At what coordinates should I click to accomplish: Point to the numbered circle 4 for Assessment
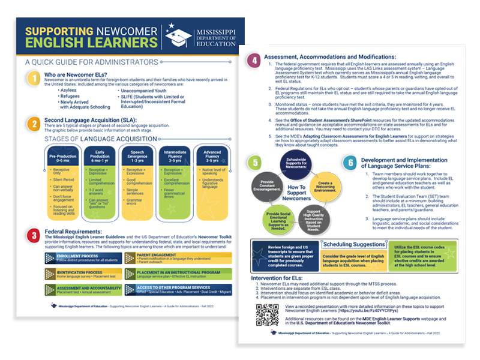point(255,61)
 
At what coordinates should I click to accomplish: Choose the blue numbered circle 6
point(349,163)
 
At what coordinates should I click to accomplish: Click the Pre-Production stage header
point(62,158)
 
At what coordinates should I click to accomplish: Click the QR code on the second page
point(267,314)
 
